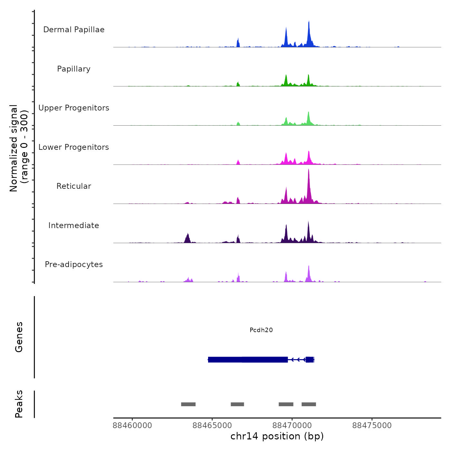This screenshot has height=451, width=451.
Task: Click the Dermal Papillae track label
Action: tap(74, 30)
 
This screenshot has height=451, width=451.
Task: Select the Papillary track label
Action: tap(74, 69)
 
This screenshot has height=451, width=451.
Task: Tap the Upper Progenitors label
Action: tap(74, 108)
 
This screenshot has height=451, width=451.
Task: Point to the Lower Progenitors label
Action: tap(74, 147)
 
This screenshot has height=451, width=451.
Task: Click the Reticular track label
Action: tap(74, 186)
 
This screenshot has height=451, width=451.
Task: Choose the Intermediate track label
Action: tap(74, 225)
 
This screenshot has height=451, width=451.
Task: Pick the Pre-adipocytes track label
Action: tap(74, 264)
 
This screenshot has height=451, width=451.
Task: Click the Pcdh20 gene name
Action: tap(261, 330)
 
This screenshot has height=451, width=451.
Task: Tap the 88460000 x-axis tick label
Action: tap(132, 426)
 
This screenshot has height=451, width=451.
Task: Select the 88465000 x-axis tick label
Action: tap(212, 426)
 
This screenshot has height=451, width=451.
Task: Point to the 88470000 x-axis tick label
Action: tap(292, 426)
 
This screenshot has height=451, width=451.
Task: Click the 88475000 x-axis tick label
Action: tap(372, 426)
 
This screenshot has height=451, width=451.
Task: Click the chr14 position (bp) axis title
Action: tap(277, 436)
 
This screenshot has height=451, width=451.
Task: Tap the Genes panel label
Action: tap(19, 337)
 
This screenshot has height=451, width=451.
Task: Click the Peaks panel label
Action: tap(19, 404)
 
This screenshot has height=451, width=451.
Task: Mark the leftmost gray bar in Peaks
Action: tap(188, 404)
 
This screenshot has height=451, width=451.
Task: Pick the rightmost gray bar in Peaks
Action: tap(309, 404)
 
